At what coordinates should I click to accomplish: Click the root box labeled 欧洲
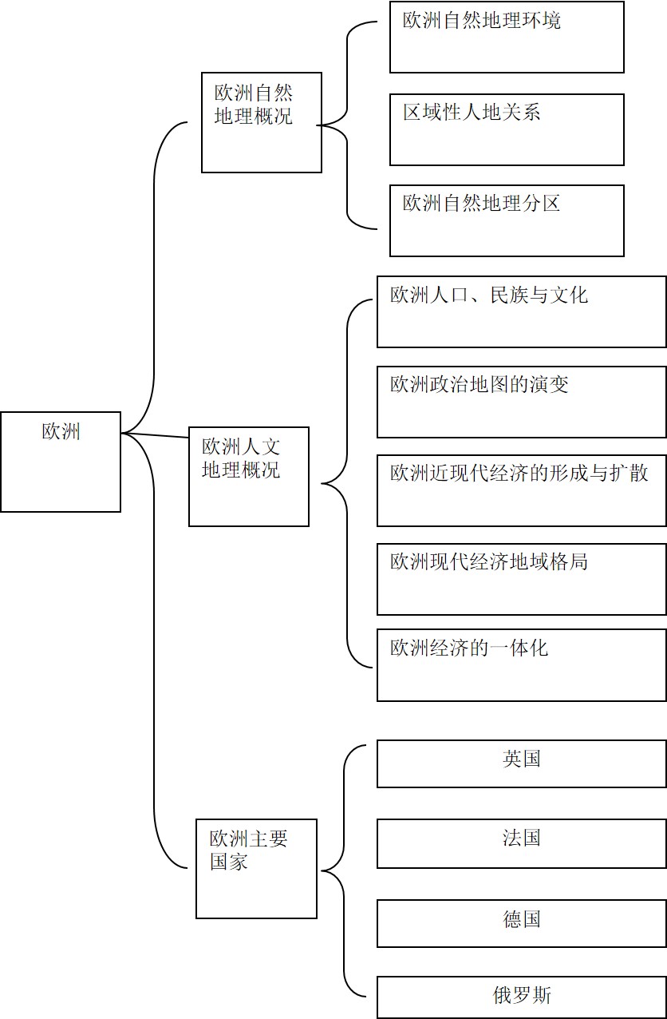pos(61,462)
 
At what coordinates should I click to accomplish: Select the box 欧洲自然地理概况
pos(262,122)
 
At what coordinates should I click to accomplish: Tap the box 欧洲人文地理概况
pos(249,477)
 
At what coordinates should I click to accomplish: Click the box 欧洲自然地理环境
pos(507,37)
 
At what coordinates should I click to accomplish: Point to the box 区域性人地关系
pos(507,129)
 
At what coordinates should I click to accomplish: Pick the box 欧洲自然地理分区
pos(507,220)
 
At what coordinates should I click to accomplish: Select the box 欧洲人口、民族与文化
pos(522,311)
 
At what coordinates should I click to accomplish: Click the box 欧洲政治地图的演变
pos(522,402)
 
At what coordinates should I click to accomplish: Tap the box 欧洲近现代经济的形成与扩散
pos(522,490)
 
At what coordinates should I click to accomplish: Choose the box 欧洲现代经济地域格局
pos(522,579)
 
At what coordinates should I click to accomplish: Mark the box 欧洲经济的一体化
pos(522,665)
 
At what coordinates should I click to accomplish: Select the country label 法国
pos(522,838)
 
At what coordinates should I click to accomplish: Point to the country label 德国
pos(522,919)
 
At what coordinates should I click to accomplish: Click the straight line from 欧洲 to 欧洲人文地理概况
pos(155,435)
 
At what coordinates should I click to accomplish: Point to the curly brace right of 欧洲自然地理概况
pos(347,125)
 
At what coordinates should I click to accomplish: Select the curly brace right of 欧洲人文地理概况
pos(347,484)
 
